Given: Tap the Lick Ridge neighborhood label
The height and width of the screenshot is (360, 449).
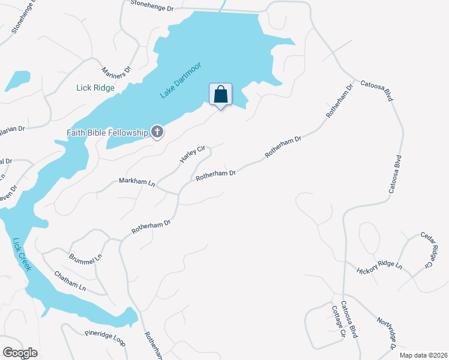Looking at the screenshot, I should [x=95, y=88].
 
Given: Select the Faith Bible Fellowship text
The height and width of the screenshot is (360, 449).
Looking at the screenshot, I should [x=107, y=132].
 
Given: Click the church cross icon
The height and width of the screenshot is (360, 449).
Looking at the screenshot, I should [x=157, y=131].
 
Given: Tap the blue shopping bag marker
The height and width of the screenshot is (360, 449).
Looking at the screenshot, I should [x=220, y=95].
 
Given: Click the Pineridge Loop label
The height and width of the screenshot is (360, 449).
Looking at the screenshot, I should [x=104, y=337].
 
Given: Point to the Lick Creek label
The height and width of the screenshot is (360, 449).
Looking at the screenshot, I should [x=22, y=254].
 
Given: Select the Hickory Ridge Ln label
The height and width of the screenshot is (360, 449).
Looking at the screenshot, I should [x=379, y=267].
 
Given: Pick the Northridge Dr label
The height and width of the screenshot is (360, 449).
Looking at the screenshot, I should [x=387, y=332].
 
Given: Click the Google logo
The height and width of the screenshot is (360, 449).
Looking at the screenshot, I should [x=20, y=352].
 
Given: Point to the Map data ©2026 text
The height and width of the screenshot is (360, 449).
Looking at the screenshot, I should [x=423, y=355].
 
